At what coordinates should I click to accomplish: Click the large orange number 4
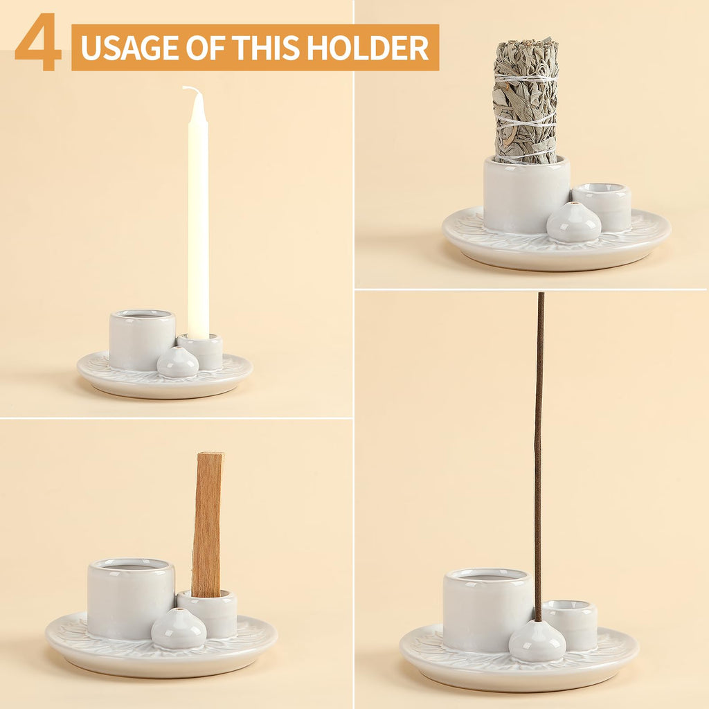pyautogui.click(x=38, y=43)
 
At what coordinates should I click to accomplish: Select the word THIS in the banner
pyautogui.click(x=267, y=48)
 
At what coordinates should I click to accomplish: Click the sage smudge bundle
pyautogui.click(x=526, y=100)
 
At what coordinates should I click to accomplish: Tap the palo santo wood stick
pyautogui.click(x=207, y=523)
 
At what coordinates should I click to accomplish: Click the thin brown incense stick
pyautogui.click(x=539, y=450)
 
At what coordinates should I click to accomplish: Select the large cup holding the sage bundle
pyautogui.click(x=526, y=194)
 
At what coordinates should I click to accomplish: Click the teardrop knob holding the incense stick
pyautogui.click(x=537, y=641)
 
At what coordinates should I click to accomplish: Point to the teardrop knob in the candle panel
pyautogui.click(x=177, y=363)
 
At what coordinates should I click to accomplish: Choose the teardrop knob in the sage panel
pyautogui.click(x=573, y=223)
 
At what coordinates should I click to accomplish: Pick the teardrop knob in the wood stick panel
pyautogui.click(x=179, y=629)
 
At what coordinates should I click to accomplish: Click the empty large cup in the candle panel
pyautogui.click(x=141, y=339)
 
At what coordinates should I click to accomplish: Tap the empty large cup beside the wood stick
pyautogui.click(x=130, y=597)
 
